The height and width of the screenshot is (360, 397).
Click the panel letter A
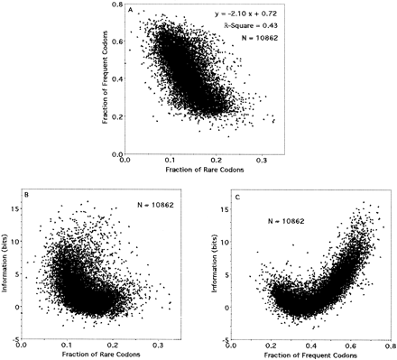[132, 11]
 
